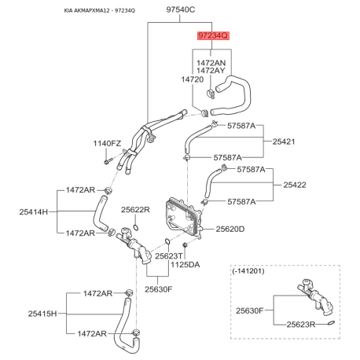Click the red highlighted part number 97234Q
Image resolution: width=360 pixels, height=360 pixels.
[x=212, y=36]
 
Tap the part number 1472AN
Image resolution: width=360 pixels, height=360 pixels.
[x=212, y=61]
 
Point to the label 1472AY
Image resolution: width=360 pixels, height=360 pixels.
[x=212, y=71]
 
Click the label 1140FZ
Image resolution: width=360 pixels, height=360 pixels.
[x=108, y=144]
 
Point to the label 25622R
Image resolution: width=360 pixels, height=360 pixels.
[x=135, y=210]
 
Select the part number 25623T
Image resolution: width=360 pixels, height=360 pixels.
[x=169, y=256]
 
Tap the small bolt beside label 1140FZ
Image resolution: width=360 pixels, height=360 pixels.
[x=104, y=161]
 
